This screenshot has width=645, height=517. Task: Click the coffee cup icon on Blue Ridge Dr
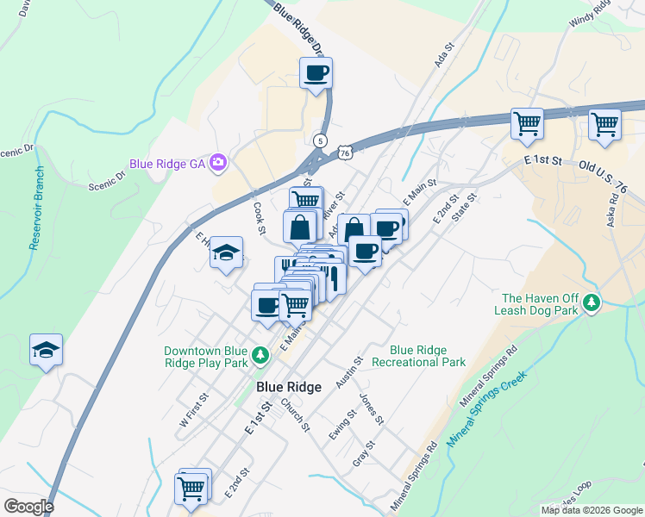tap(316, 72)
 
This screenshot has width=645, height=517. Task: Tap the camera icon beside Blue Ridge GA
tap(218, 162)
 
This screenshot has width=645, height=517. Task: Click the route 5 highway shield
tap(321, 140)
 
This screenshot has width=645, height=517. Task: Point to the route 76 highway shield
tap(345, 152)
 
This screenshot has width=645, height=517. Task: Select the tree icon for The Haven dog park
tap(592, 302)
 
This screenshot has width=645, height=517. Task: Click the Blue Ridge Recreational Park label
tap(418, 356)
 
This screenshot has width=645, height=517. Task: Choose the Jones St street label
tap(371, 408)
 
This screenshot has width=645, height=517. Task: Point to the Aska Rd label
tap(612, 208)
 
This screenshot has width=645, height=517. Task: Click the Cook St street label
tap(259, 218)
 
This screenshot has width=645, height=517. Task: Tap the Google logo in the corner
tap(28, 506)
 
